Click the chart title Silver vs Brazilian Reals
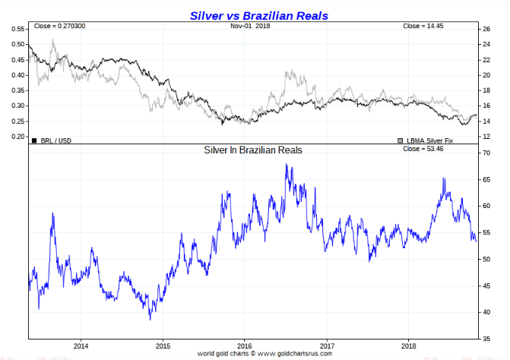[x=255, y=15]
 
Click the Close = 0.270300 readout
[x=59, y=27]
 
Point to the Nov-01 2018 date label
[x=250, y=27]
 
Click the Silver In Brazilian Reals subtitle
[x=253, y=150]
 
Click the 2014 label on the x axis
[x=81, y=346]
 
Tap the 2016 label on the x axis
[x=243, y=346]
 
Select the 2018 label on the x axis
[x=407, y=346]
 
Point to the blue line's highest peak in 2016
[x=286, y=164]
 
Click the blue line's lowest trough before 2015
[x=150, y=319]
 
